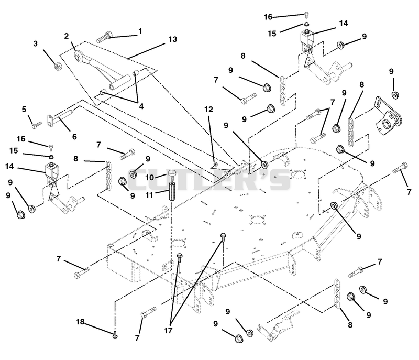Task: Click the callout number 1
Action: click(x=140, y=31)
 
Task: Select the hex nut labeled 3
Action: click(x=58, y=66)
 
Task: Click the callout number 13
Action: click(x=173, y=39)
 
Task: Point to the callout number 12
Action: click(x=208, y=110)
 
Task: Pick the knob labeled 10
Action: click(x=172, y=174)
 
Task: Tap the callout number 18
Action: click(x=80, y=322)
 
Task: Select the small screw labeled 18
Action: click(x=115, y=334)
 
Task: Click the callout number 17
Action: click(x=168, y=331)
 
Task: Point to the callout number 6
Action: click(x=74, y=137)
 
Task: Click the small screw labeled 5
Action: click(x=37, y=124)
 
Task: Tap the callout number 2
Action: click(x=67, y=36)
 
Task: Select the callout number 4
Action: click(x=141, y=106)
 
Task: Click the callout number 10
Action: click(x=150, y=177)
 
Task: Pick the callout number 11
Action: click(x=149, y=195)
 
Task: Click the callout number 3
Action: click(x=35, y=43)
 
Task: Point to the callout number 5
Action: click(x=24, y=110)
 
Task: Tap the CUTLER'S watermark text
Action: click(x=209, y=179)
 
